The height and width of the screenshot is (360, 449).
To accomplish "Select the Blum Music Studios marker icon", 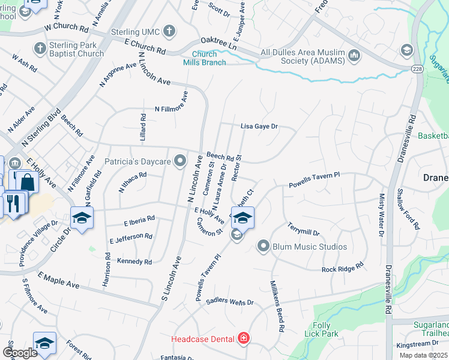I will [263, 246].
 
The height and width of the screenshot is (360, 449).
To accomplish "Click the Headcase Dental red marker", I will [243, 339].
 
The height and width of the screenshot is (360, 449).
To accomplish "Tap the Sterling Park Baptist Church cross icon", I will [40, 48].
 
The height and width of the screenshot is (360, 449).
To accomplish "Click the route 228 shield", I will [417, 70].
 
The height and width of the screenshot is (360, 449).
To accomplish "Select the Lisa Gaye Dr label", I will [259, 127].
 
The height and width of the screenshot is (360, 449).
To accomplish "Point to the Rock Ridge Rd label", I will [343, 268].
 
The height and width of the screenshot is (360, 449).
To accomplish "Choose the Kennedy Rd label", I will [135, 262].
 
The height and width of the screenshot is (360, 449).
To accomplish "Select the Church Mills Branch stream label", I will [205, 59].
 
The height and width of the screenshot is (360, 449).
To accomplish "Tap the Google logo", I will [20, 352].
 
